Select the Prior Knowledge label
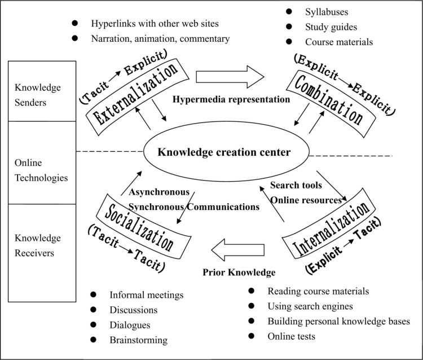click(239, 273)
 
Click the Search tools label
click(296, 185)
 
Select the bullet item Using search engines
click(310, 306)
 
